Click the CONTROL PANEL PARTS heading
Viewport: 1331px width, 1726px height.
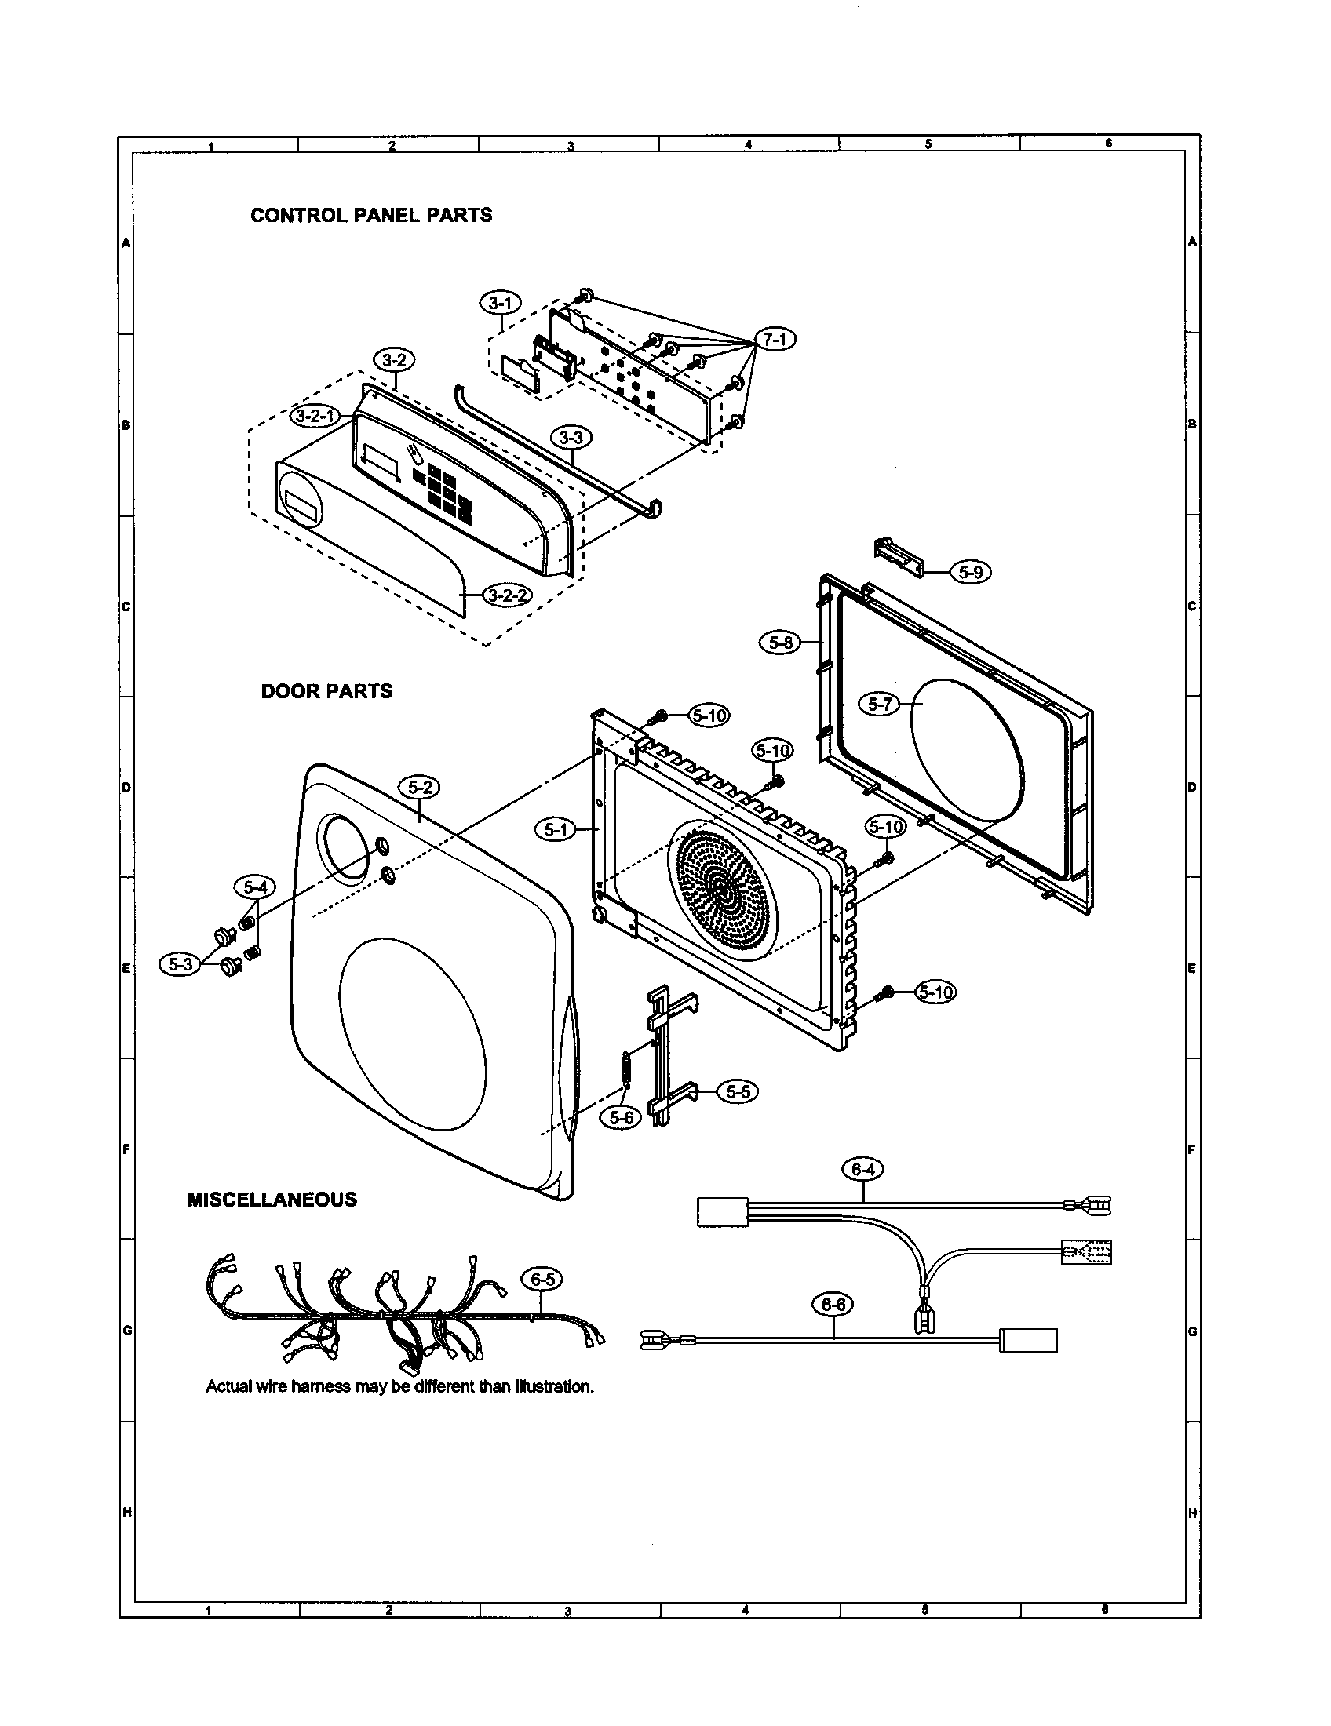click(370, 215)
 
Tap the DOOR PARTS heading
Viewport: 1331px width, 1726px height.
click(326, 691)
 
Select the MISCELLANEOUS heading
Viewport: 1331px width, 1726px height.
click(272, 1200)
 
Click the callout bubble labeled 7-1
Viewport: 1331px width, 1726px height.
click(776, 339)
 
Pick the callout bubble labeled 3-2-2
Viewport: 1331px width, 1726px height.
click(507, 595)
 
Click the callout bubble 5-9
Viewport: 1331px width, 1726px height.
click(970, 571)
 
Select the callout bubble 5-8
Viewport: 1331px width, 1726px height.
click(780, 643)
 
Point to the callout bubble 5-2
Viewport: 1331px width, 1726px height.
click(420, 787)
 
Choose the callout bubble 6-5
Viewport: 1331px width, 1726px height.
click(542, 1279)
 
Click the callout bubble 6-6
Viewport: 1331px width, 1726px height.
click(833, 1305)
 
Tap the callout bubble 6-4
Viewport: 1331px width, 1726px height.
click(862, 1169)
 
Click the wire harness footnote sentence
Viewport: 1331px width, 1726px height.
click(399, 1386)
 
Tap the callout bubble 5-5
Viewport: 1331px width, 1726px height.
click(737, 1091)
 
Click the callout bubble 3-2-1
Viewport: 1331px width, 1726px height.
click(315, 417)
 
